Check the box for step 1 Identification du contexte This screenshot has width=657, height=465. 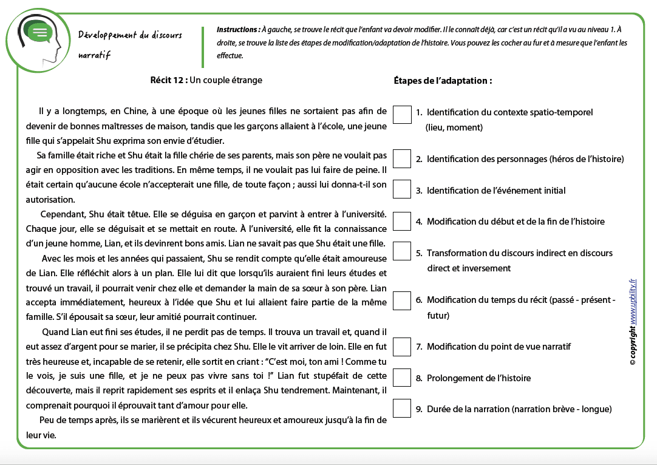(402, 115)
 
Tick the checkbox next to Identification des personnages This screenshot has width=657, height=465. (402, 159)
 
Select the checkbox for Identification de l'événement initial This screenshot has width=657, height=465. (402, 189)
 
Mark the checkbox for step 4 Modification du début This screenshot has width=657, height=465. (402, 221)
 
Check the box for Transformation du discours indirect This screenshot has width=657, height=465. (402, 251)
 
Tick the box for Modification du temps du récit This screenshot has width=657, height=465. (402, 300)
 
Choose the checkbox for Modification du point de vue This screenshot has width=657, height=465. (402, 347)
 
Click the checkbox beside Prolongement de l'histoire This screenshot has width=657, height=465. (402, 378)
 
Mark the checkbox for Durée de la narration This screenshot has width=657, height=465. (402, 409)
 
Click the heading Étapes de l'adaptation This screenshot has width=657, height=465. (443, 80)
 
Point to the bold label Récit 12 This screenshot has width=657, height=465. (168, 80)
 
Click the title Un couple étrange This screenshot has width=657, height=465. (226, 80)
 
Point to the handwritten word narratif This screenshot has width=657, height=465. (94, 55)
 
